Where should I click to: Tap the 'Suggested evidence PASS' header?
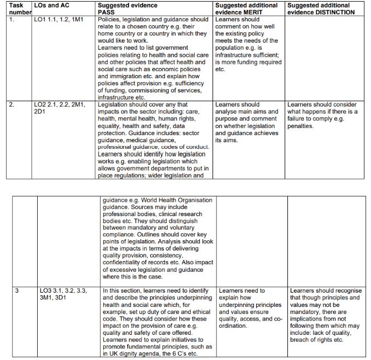pos(127,8)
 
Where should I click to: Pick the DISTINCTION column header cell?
pos(322,8)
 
